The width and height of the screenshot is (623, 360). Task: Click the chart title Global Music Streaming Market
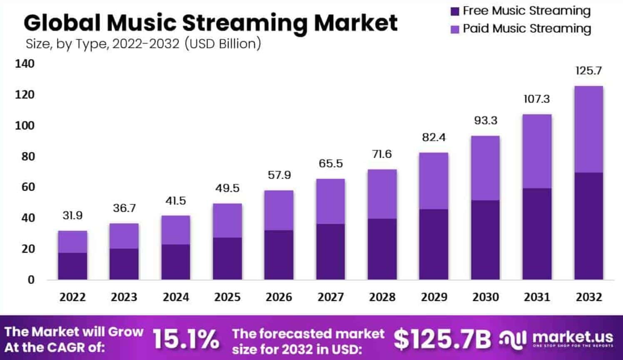coord(210,23)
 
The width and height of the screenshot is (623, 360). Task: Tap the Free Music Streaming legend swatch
coord(455,11)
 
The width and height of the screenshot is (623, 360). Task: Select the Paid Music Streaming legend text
coord(527,29)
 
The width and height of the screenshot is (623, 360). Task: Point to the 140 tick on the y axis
coord(25,64)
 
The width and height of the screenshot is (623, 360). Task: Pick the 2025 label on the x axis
coord(227,297)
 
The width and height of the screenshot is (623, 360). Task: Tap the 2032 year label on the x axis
coord(588,297)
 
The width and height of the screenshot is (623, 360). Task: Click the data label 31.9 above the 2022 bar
coord(72,216)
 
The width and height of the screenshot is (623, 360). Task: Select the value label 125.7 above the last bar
coord(588,71)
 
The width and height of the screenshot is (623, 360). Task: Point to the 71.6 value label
coord(382,154)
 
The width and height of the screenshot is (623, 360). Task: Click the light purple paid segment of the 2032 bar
coord(588,129)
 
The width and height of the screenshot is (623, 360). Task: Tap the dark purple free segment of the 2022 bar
coord(72,266)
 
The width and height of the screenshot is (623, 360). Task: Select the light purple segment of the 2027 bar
coord(330,201)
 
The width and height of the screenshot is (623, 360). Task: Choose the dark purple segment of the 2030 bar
coord(485,240)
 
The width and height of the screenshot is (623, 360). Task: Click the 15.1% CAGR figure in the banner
coord(186,339)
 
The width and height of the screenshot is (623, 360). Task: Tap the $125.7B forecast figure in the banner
coord(442,339)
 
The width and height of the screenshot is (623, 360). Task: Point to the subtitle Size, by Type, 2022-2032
coord(143,44)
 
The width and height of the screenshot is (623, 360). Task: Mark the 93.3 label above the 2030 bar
coord(485,121)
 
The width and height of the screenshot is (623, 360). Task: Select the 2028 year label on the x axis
coord(382,297)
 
